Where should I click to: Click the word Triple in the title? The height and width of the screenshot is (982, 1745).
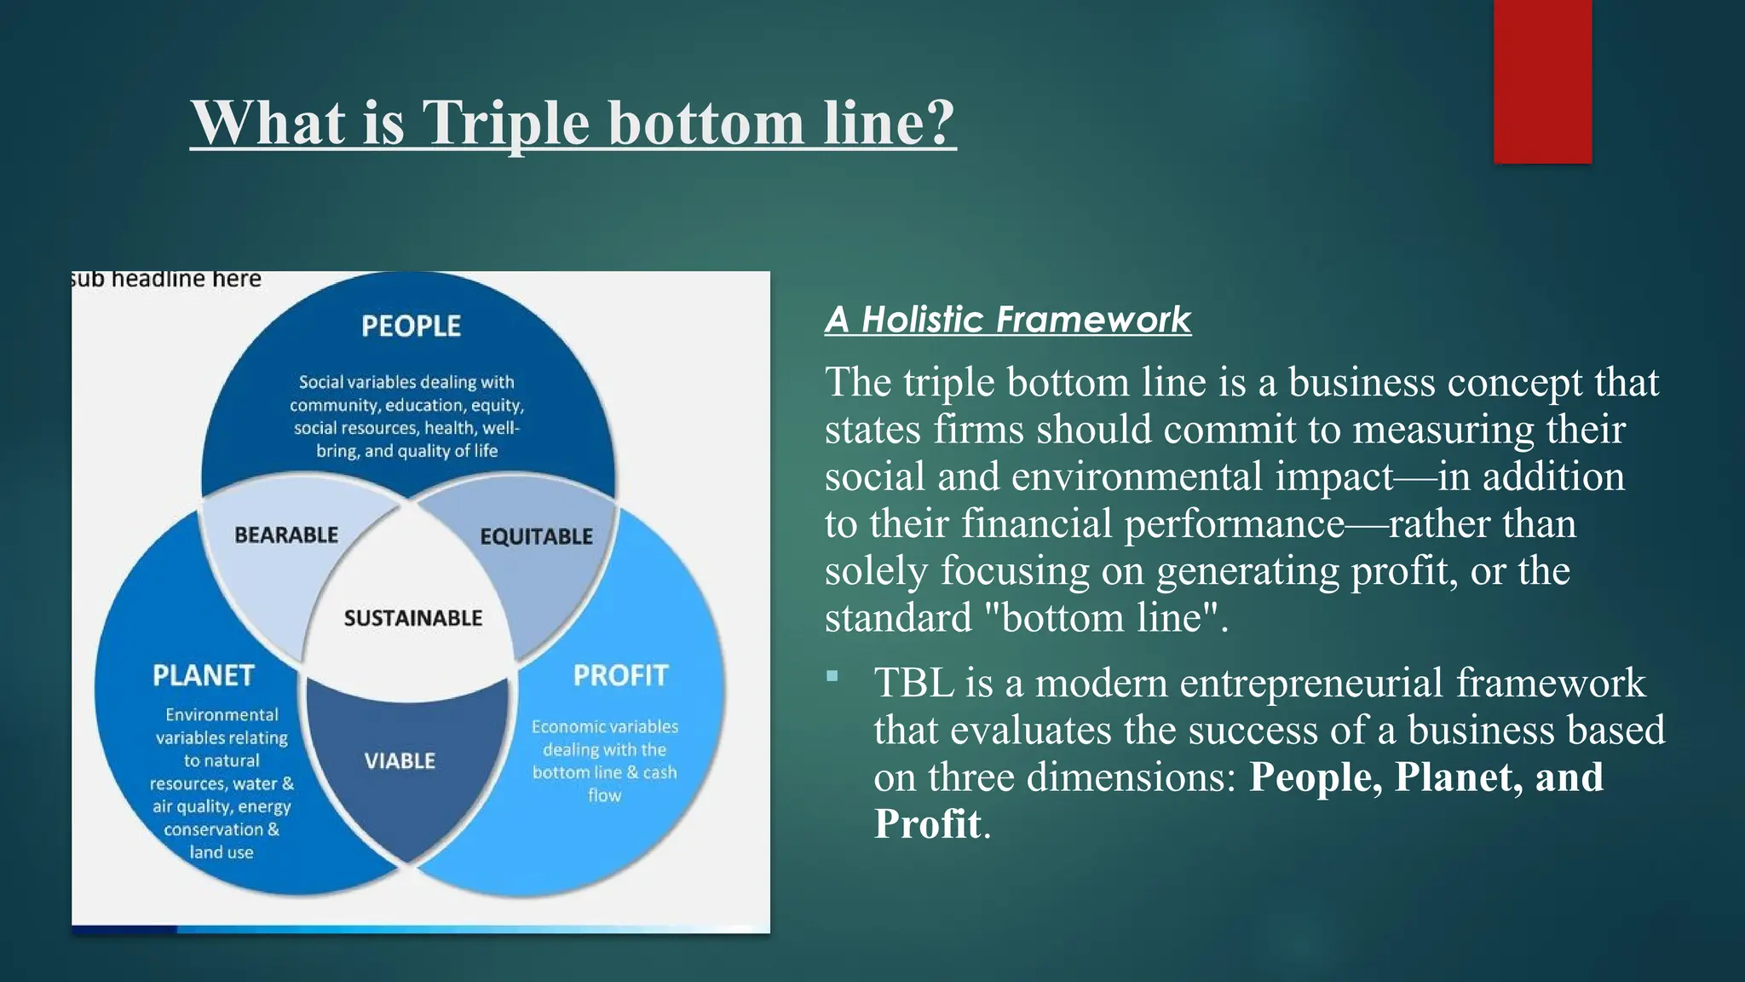[505, 124]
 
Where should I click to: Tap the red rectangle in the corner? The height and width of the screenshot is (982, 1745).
[1542, 82]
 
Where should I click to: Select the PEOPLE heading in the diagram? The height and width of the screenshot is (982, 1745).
[411, 326]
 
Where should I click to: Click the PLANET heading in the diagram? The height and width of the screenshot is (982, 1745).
[203, 675]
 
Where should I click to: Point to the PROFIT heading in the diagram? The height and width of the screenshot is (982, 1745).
[620, 675]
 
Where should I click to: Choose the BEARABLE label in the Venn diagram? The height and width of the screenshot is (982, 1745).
[286, 535]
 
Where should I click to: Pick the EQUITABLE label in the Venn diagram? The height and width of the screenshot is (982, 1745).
[536, 536]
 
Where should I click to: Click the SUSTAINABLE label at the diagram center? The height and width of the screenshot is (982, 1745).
[413, 618]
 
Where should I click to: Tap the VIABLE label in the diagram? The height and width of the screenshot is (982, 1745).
[400, 760]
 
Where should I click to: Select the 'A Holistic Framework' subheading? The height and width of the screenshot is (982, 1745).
[1007, 320]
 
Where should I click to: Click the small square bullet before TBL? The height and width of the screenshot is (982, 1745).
[832, 677]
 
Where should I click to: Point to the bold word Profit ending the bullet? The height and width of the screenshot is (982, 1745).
[927, 824]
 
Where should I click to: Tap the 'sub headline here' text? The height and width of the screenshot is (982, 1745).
[166, 280]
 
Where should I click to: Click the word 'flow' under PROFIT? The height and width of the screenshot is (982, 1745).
[604, 795]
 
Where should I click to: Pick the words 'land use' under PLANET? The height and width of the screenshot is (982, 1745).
[222, 852]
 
